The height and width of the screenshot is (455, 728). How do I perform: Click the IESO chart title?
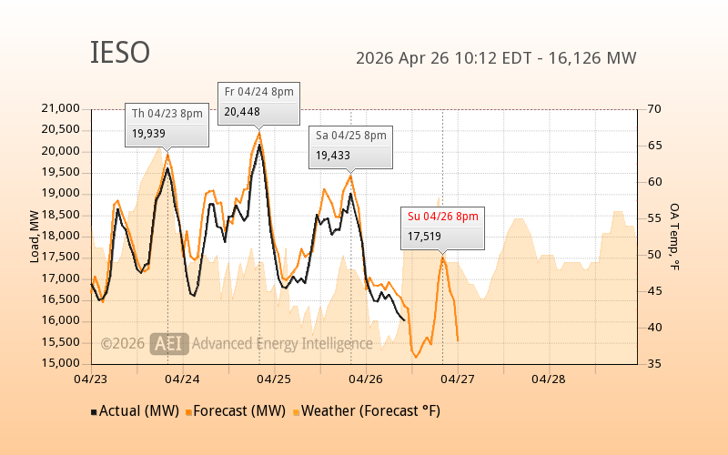click(x=120, y=53)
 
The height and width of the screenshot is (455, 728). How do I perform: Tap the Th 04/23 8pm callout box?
click(x=167, y=124)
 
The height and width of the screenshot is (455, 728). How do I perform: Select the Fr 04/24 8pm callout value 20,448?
click(x=242, y=112)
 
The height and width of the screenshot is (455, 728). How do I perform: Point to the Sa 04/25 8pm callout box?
click(x=350, y=146)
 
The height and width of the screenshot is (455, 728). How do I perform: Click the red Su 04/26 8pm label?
click(x=441, y=216)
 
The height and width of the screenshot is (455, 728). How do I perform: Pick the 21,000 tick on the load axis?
click(x=61, y=108)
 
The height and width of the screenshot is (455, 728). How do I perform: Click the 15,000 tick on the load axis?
click(x=61, y=363)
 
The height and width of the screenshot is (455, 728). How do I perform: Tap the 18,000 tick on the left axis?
click(x=61, y=236)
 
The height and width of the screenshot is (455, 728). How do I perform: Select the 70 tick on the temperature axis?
click(x=653, y=108)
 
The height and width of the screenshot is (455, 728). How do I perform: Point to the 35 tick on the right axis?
click(x=653, y=363)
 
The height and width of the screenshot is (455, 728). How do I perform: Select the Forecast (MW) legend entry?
click(x=238, y=411)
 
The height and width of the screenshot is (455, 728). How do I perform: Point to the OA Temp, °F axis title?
click(x=674, y=237)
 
